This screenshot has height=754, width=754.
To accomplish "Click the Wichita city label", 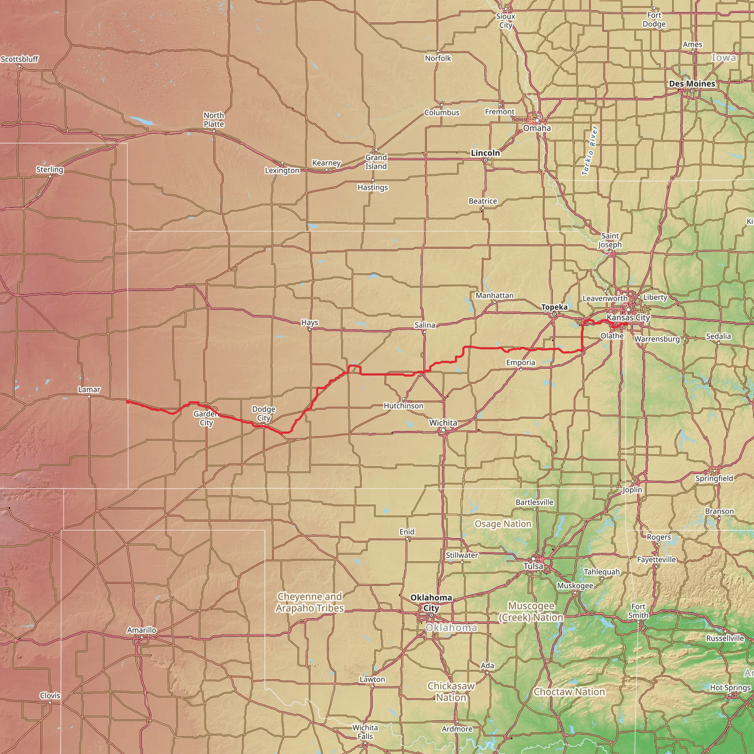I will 443,423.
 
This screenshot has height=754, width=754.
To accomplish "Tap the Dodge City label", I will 264,413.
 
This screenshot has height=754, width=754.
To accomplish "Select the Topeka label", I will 554,307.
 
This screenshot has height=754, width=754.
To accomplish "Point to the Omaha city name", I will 537,128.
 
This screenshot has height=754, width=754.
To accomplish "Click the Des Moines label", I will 692,84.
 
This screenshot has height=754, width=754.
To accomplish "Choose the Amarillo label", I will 142,630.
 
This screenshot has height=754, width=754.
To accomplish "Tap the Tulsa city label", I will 533,566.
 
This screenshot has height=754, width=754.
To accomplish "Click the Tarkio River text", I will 590,151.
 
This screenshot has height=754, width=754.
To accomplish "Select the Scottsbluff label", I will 20,59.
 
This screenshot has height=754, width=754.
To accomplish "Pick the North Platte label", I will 214,119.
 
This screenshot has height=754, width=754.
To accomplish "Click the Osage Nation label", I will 503,524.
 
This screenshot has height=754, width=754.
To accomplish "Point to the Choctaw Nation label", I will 569,692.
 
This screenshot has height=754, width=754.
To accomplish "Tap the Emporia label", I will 521,362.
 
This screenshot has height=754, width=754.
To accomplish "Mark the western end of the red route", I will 128,402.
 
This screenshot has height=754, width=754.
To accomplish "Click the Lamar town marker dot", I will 89,397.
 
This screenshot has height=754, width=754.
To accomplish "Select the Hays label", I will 310,323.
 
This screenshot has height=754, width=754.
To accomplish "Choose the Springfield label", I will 714,478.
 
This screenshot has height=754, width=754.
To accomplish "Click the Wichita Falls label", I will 365,732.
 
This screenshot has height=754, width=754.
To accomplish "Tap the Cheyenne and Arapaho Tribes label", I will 310,602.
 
